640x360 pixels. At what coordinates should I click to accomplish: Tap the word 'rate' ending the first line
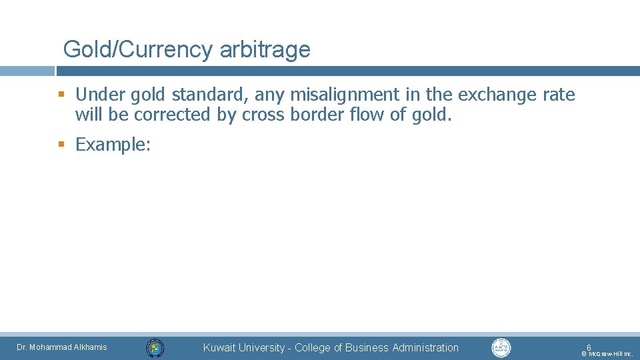click(x=559, y=95)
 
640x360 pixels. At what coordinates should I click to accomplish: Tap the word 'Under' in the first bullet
click(x=100, y=95)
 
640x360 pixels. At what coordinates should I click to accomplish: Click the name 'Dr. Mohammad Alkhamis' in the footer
click(x=61, y=347)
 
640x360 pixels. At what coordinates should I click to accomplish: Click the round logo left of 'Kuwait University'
click(x=155, y=347)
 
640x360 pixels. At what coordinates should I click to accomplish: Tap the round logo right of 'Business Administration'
click(x=501, y=347)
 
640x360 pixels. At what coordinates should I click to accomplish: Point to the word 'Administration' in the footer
click(x=425, y=347)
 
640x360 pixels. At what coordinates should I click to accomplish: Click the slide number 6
click(x=589, y=347)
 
